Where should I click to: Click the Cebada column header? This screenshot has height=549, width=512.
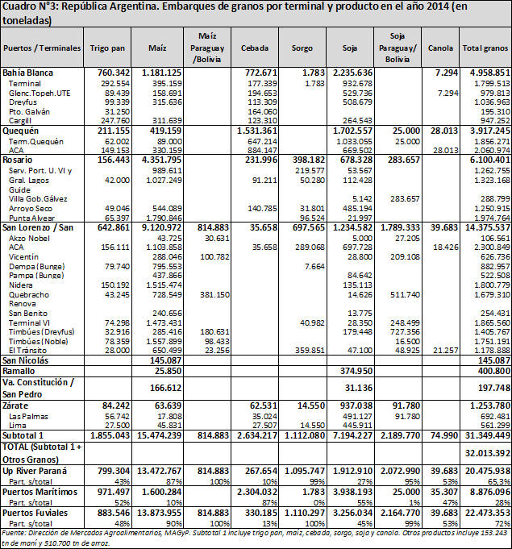[x=255, y=48]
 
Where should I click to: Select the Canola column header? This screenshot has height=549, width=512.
[x=440, y=48]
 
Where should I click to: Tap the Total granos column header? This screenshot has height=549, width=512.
[x=485, y=48]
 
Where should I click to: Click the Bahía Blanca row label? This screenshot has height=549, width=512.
[x=27, y=73]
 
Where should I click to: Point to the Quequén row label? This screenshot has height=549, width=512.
[x=20, y=131]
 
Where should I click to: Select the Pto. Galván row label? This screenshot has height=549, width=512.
[x=29, y=112]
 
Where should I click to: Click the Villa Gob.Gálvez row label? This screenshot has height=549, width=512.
[x=38, y=199]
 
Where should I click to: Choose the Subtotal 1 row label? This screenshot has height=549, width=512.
[x=23, y=435]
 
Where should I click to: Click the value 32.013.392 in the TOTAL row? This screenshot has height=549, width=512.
[x=488, y=453]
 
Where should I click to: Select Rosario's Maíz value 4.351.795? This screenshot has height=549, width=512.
[x=161, y=160]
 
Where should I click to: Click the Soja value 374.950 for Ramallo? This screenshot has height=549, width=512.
[x=356, y=371]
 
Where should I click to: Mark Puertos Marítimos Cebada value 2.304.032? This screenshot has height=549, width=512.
[x=257, y=492]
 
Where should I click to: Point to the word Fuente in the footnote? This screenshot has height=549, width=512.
[x=11, y=533]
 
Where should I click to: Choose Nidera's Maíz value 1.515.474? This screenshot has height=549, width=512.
[x=164, y=285]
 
